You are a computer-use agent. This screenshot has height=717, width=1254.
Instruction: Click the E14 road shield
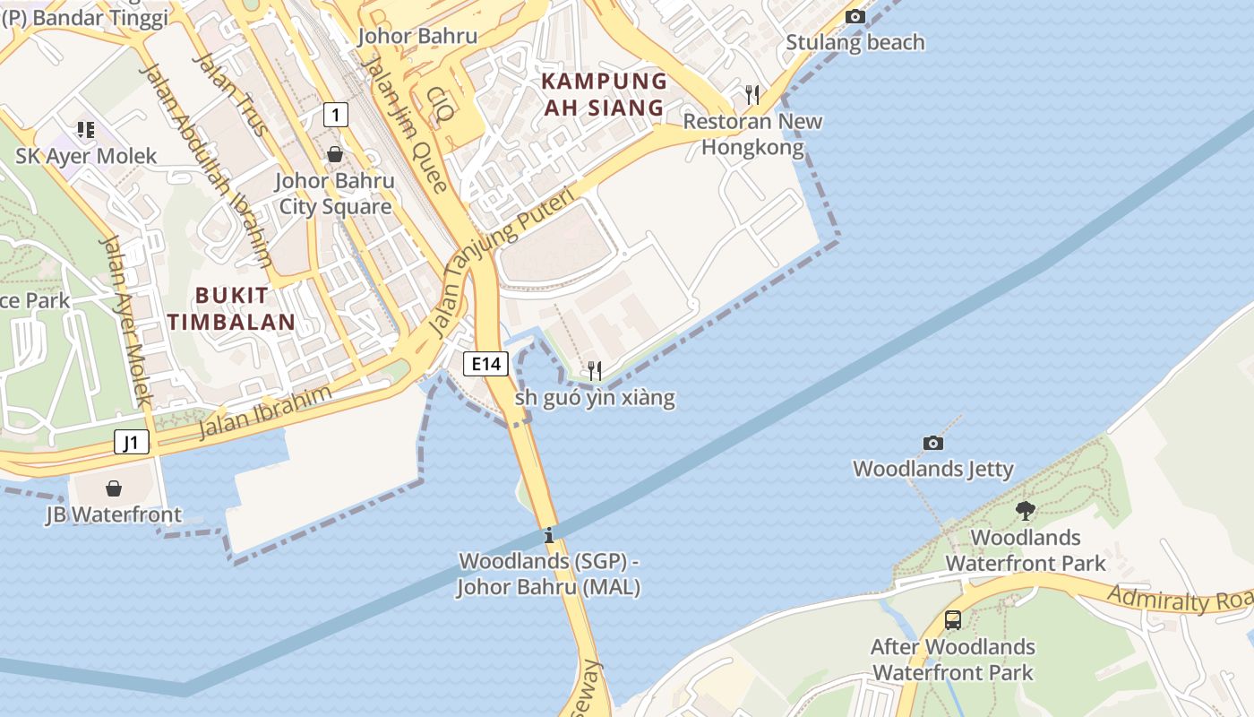point(486,363)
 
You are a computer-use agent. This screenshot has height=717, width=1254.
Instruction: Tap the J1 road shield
point(132,442)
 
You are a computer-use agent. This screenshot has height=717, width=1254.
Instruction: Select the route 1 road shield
point(335,115)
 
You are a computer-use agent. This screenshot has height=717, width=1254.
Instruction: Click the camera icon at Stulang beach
point(855,16)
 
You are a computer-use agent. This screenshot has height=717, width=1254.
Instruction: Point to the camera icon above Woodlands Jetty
point(932,443)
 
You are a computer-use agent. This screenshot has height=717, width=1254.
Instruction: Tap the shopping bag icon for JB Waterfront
point(114,488)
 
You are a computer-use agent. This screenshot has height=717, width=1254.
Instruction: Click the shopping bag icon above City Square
point(334,154)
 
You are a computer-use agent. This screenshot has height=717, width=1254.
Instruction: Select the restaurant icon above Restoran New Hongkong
point(752,94)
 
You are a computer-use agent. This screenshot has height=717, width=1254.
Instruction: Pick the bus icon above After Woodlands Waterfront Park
point(952,619)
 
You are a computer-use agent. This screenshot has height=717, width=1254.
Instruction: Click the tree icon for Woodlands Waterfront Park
point(1026,511)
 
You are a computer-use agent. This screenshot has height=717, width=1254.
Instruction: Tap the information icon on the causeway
point(549,536)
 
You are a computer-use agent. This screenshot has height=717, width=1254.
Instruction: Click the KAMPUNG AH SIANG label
point(605,94)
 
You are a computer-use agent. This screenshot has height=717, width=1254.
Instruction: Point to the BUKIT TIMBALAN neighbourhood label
point(231,308)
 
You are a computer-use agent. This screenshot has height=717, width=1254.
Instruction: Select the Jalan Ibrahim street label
point(264,413)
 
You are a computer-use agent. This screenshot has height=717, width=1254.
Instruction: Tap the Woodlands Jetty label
point(932,469)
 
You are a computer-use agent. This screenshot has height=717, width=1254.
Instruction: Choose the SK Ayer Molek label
point(86,156)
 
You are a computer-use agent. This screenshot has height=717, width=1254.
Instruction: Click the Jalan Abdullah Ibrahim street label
point(205,165)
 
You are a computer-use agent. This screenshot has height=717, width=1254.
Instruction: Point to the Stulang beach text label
point(855,42)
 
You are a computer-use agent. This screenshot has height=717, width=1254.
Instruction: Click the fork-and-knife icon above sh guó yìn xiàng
point(594,370)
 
